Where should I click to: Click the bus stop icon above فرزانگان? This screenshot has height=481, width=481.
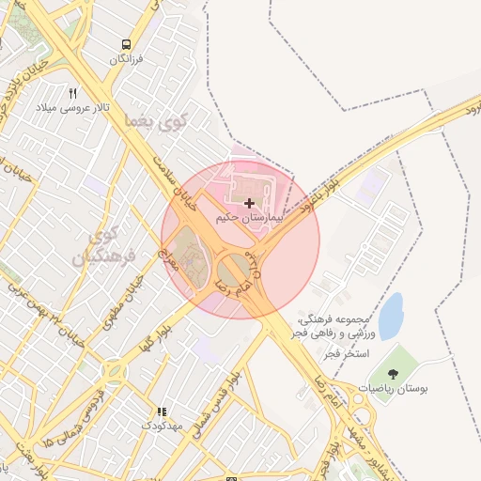(x=126, y=44)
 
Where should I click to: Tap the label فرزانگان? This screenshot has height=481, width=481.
(x=126, y=59)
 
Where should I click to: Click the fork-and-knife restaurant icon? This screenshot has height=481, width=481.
(x=73, y=93)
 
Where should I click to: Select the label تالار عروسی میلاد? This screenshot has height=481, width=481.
(x=72, y=108)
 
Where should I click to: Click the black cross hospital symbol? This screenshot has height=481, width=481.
(x=249, y=203)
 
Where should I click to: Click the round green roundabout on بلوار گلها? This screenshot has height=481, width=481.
(x=115, y=373)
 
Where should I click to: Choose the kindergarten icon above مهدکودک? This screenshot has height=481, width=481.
(x=161, y=411)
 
